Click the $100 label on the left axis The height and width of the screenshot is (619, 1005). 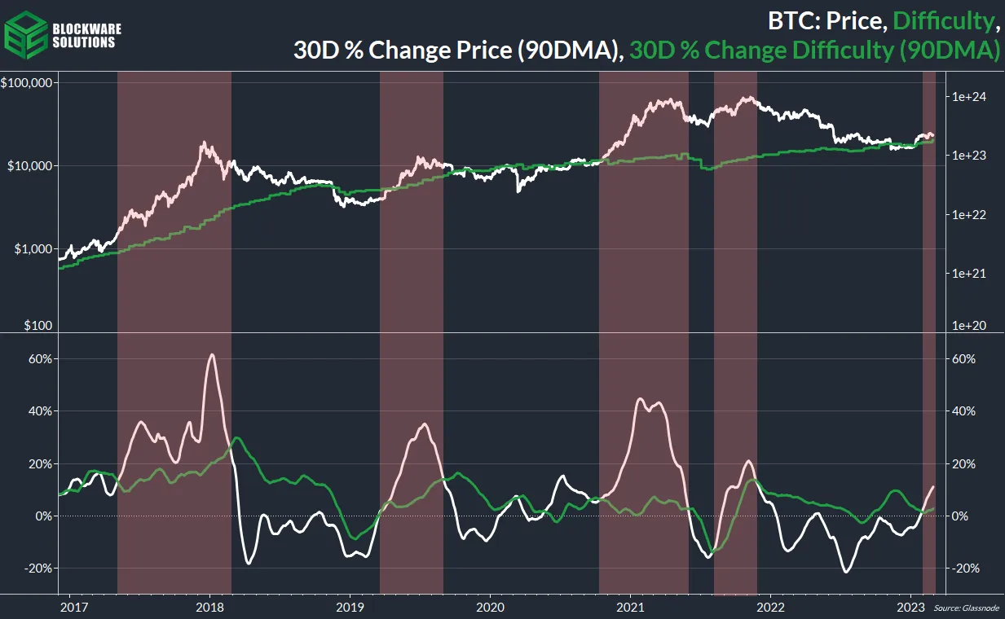(x=38, y=325)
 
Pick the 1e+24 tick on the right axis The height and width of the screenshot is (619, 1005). (x=969, y=97)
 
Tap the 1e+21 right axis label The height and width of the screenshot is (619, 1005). (x=969, y=274)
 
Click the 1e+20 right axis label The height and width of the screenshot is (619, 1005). (x=969, y=325)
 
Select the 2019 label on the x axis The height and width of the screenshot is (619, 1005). (x=350, y=607)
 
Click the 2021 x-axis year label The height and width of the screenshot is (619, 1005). (x=631, y=607)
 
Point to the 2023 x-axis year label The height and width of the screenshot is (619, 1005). (x=910, y=607)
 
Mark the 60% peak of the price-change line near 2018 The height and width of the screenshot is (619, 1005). (x=212, y=354)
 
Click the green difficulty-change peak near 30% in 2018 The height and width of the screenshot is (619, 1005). (x=236, y=438)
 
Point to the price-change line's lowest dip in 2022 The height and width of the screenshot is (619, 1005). (x=847, y=571)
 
